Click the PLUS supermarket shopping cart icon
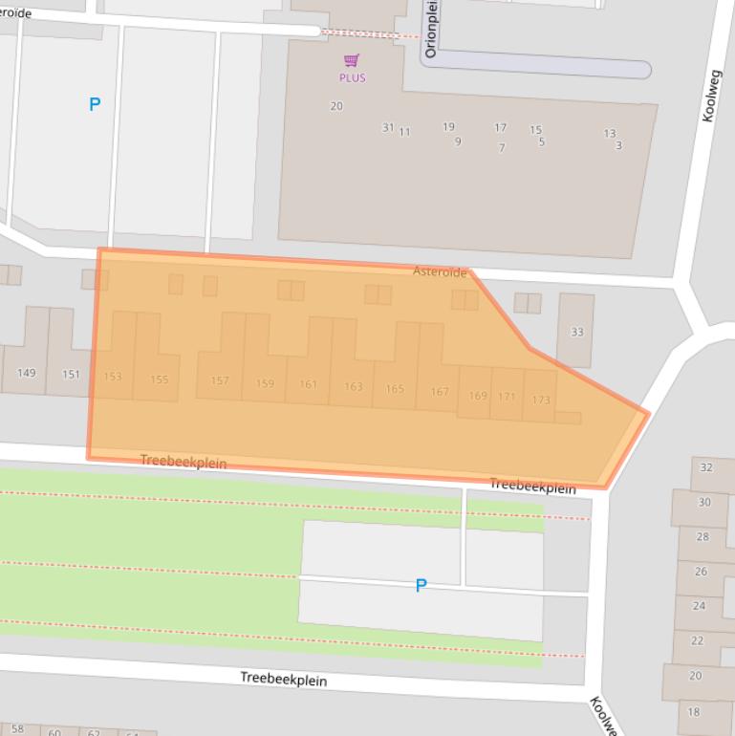[352, 60]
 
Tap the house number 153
[113, 377]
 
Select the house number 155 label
[159, 379]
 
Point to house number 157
[220, 380]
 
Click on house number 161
[308, 385]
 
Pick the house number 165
[395, 389]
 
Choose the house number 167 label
[439, 392]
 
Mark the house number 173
[541, 400]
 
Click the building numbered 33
[576, 332]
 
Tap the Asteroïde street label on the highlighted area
[440, 272]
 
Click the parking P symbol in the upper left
[94, 104]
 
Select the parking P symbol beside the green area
[421, 585]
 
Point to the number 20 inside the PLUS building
[336, 106]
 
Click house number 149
[26, 373]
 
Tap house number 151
[71, 374]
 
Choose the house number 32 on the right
[706, 467]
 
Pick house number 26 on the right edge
[701, 572]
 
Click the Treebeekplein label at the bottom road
[283, 680]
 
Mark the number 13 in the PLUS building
[609, 134]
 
